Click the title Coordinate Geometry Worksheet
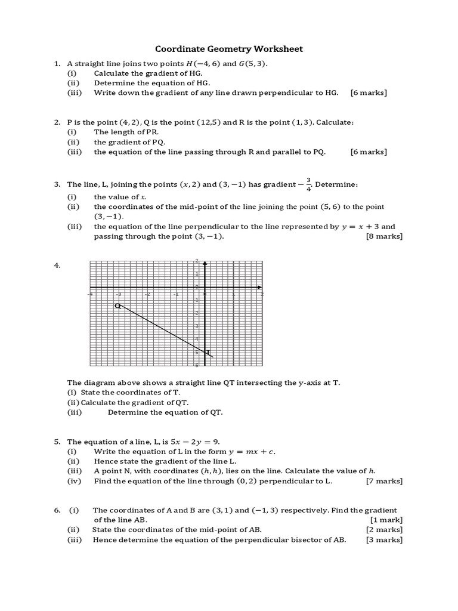[x=229, y=49]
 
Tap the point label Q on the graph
[x=117, y=306]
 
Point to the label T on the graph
[x=208, y=353]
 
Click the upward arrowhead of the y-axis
[x=205, y=263]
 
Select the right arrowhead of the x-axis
[x=259, y=288]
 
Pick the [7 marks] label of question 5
[x=384, y=481]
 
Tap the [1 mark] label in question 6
[x=386, y=520]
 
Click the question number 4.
[x=57, y=266]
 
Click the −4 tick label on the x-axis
[x=90, y=294]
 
